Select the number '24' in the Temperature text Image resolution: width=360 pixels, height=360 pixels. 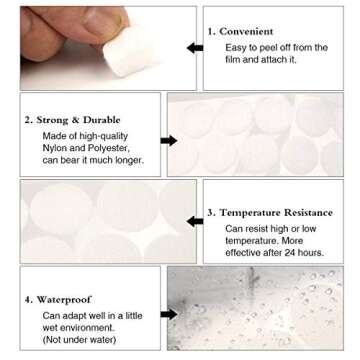304,254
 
